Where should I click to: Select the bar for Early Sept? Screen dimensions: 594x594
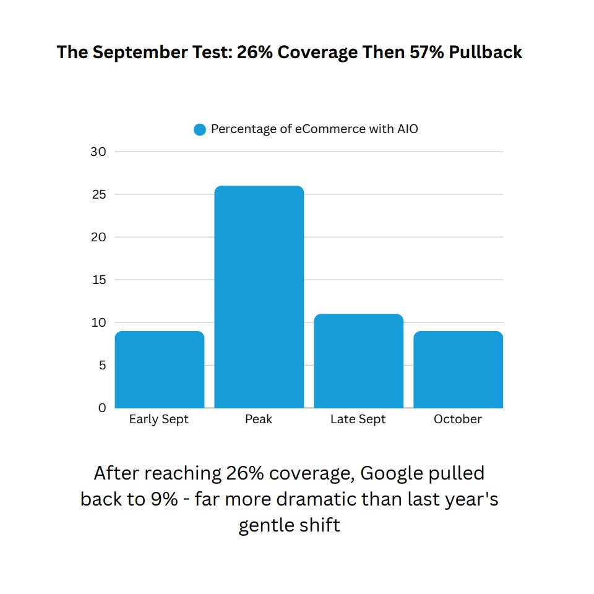tap(160, 369)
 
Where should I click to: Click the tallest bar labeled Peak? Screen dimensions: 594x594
tap(259, 297)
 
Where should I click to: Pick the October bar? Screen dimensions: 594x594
tap(458, 369)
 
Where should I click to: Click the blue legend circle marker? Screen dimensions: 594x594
tap(199, 130)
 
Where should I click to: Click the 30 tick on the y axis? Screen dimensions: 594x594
tap(98, 152)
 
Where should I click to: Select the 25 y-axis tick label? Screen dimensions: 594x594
tap(98, 194)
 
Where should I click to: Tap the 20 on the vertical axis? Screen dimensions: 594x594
tap(98, 237)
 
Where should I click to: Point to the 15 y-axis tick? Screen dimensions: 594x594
tap(98, 280)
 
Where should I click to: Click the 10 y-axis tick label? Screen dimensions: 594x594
tap(98, 322)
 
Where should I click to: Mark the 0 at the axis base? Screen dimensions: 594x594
tap(102, 408)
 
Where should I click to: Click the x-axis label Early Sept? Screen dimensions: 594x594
tap(159, 420)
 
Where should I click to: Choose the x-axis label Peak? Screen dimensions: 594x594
tap(259, 420)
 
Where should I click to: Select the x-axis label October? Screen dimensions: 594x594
tap(458, 420)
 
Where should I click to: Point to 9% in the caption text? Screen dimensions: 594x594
tap(161, 499)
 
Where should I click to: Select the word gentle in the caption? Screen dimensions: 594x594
tap(264, 525)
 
